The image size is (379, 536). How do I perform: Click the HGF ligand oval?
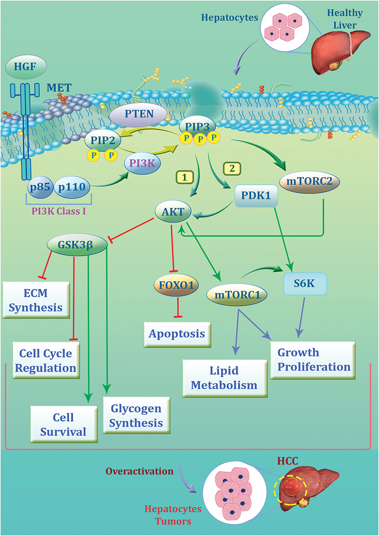[26, 66]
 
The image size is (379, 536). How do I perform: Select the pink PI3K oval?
[142, 163]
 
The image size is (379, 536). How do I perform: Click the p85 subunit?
[39, 187]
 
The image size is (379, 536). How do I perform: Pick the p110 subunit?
[72, 187]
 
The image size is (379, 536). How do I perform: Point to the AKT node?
[173, 212]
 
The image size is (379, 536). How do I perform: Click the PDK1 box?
[256, 196]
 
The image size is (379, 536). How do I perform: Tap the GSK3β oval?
[77, 245]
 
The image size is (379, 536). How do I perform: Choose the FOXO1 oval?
[176, 285]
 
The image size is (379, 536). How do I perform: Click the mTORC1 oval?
[237, 295]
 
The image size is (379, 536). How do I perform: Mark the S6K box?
[305, 284]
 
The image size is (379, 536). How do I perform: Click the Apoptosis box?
[177, 334]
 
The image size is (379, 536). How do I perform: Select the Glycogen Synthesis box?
[136, 415]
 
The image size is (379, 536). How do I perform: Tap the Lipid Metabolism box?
[225, 378]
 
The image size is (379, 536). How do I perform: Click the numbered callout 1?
[185, 177]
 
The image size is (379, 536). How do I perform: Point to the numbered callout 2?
[232, 169]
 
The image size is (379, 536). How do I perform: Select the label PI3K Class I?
[59, 211]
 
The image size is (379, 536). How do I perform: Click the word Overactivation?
[140, 471]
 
